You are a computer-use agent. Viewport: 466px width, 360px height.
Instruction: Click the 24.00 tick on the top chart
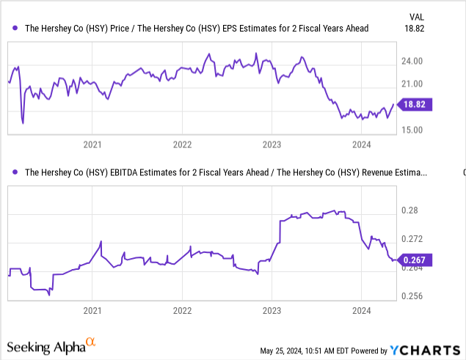click(414, 62)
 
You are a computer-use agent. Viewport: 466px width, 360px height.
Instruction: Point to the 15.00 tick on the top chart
click(414, 130)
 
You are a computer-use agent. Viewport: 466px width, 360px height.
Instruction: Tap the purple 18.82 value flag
click(415, 105)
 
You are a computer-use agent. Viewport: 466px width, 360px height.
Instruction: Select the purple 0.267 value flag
click(415, 260)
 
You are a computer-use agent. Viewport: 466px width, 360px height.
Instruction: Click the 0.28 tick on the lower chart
click(409, 210)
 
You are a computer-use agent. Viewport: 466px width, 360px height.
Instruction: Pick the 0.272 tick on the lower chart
click(414, 239)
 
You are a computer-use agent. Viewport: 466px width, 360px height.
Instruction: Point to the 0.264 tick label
click(414, 268)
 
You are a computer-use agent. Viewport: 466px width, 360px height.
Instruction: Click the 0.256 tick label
click(414, 296)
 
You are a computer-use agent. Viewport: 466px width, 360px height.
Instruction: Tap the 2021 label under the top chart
click(92, 145)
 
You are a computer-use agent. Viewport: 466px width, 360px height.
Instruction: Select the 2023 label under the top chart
click(272, 145)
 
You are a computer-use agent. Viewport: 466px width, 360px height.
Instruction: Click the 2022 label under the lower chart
click(182, 311)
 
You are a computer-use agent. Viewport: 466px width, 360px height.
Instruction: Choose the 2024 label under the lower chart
click(361, 311)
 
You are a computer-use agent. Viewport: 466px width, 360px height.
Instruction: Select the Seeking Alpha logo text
click(45, 346)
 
